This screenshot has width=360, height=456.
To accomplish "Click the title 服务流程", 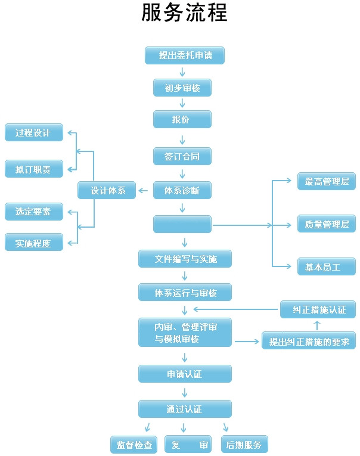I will coord(184,13).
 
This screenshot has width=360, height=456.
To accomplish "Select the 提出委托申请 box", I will coord(185,55).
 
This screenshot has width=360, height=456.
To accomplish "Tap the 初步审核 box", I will coord(182,88).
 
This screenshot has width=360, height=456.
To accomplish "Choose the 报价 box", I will coord(182,119).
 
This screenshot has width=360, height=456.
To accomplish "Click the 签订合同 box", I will coord(182,156).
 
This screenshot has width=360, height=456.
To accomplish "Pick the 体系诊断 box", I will coord(182,191).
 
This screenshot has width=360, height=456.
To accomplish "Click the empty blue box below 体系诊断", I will coord(182,224).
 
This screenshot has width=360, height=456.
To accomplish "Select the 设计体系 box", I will coord(107,191).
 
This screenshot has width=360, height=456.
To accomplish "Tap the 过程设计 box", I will coord(33,132).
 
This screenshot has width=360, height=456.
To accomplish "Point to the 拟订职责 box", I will coord(33,169).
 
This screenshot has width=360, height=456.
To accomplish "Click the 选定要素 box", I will coord(33,211).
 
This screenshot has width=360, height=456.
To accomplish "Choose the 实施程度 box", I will coord(33,243).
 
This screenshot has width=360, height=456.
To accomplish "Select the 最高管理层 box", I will coord(327,181).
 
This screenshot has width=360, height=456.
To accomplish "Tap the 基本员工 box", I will coord(327,267).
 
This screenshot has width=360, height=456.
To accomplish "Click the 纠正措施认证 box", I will coord(318,309).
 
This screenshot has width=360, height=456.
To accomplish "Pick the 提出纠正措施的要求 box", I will coord(309,341).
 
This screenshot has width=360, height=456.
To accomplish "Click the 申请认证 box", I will coord(185,374).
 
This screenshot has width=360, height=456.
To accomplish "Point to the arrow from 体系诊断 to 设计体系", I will coord(144,191).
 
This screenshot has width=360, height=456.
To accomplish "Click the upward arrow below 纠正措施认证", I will coord(317,325).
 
